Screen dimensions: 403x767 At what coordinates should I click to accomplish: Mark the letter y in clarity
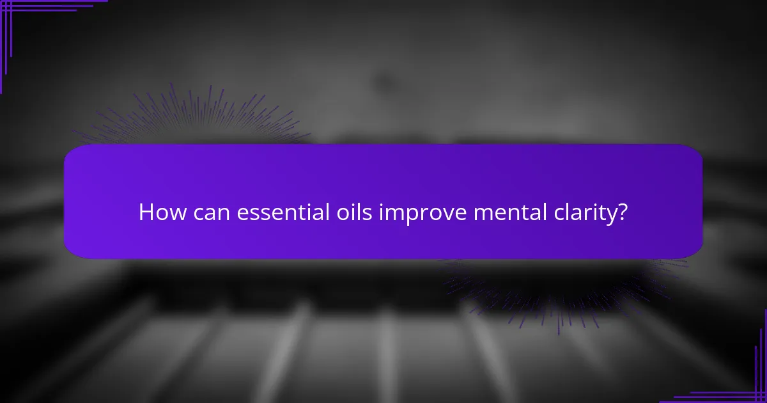610,216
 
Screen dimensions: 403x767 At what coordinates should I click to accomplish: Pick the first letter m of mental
481,214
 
